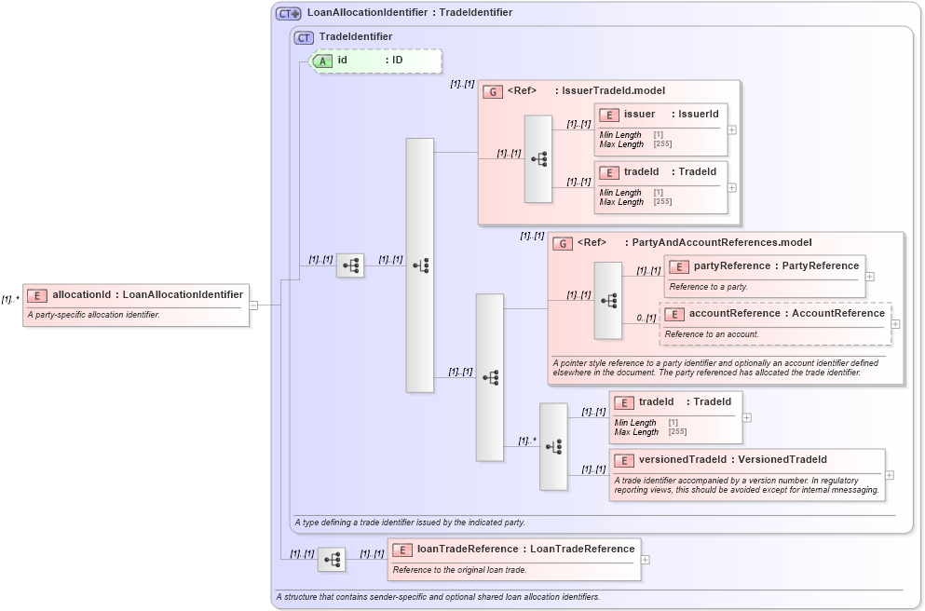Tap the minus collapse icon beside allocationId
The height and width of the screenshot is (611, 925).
tap(253, 305)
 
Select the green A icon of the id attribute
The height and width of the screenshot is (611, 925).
tap(322, 61)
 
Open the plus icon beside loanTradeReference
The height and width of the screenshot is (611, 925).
tap(646, 560)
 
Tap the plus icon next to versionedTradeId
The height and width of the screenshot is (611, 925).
tap(890, 475)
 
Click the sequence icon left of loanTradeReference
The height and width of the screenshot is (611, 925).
tap(332, 560)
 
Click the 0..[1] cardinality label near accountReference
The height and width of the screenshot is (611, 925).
tap(646, 319)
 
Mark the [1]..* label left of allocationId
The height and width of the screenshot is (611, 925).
tap(10, 300)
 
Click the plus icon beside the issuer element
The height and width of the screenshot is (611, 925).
tap(732, 129)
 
